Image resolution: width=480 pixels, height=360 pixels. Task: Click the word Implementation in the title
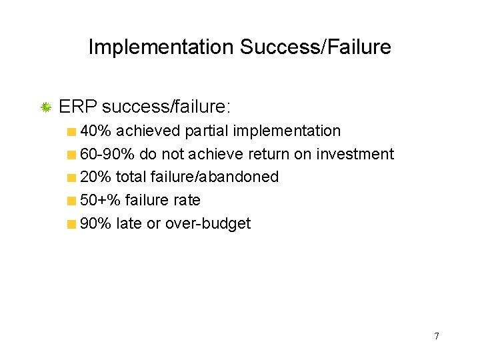coord(160,47)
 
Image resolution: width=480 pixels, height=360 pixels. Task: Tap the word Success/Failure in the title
coord(315,47)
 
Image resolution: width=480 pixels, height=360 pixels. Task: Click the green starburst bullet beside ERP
coord(46,107)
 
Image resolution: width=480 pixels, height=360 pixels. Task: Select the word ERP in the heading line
coord(78,107)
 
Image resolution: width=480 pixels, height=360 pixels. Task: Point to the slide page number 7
coord(437,336)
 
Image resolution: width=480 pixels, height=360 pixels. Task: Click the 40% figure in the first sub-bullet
coord(95,131)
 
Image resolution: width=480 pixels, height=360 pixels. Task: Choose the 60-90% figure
coord(107,154)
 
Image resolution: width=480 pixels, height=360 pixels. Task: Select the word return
coord(269,154)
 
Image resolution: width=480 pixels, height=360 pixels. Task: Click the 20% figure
coord(95,177)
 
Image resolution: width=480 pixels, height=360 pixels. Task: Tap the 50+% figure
coord(100,200)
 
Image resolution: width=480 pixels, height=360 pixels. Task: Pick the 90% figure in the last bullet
coord(95,223)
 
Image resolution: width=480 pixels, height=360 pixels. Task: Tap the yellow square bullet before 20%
coord(71,177)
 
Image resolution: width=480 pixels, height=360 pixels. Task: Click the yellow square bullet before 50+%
coord(71,201)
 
